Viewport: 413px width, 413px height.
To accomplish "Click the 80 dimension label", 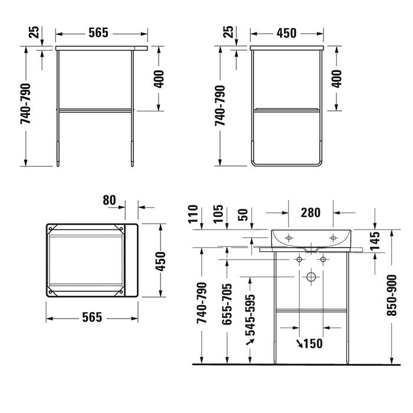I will [x=110, y=201].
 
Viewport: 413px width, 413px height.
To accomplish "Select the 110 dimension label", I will [x=192, y=216].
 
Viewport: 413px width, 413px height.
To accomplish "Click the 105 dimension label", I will [x=218, y=216].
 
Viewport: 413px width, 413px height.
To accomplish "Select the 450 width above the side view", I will [x=286, y=34].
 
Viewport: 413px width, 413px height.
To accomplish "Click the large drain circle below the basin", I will [x=312, y=277].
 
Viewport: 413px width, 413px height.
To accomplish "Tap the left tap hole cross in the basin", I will [x=289, y=238].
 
